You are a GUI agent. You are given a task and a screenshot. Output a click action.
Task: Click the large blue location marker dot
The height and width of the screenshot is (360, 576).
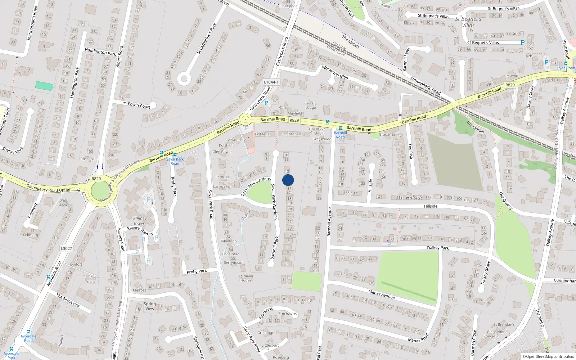point(288,180)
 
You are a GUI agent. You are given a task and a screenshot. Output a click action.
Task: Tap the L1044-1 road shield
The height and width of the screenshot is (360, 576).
point(271,82)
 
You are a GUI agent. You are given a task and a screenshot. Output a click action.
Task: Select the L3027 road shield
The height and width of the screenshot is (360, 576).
point(66,248)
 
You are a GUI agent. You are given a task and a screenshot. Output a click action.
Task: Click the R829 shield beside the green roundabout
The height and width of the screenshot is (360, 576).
point(96,179)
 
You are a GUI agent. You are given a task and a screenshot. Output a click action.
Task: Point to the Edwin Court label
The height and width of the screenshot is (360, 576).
point(139,105)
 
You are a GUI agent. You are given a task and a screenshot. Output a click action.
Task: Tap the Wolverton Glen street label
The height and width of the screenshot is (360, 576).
point(335,72)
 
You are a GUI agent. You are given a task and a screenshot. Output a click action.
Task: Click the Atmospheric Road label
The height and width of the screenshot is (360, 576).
point(425,86)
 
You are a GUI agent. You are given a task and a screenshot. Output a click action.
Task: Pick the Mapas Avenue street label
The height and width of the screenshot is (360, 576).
point(382,294)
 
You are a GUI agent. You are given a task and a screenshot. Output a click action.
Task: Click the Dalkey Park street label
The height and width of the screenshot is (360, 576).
point(438,248)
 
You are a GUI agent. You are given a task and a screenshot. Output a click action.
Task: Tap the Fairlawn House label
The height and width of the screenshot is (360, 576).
point(246,278)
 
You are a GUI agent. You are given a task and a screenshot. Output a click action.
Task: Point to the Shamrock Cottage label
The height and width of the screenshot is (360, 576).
point(317,130)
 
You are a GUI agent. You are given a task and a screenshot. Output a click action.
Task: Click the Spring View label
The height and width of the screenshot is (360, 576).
point(150,306)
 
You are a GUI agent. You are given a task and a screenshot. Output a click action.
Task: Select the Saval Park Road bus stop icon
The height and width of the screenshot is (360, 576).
point(175,154)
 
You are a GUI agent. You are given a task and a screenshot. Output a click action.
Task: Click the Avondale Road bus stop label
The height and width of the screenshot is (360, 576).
point(28,338)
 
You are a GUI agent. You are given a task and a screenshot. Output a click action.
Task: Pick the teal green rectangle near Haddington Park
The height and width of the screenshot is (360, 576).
point(44,86)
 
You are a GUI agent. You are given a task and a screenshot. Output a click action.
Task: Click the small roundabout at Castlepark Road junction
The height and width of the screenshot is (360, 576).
point(245,119)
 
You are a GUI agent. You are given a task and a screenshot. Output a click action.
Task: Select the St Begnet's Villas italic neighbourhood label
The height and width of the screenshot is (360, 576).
point(468,22)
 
